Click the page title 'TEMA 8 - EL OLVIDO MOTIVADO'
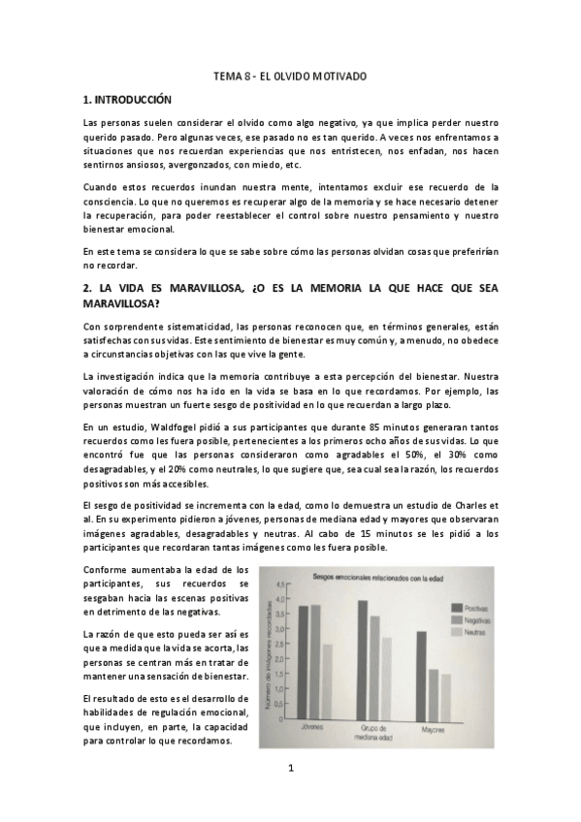289,75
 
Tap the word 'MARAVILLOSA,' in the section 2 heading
190,287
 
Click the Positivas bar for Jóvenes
304,659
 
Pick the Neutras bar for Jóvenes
327,678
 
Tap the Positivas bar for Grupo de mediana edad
363,656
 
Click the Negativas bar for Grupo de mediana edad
374,664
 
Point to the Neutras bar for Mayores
445,693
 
